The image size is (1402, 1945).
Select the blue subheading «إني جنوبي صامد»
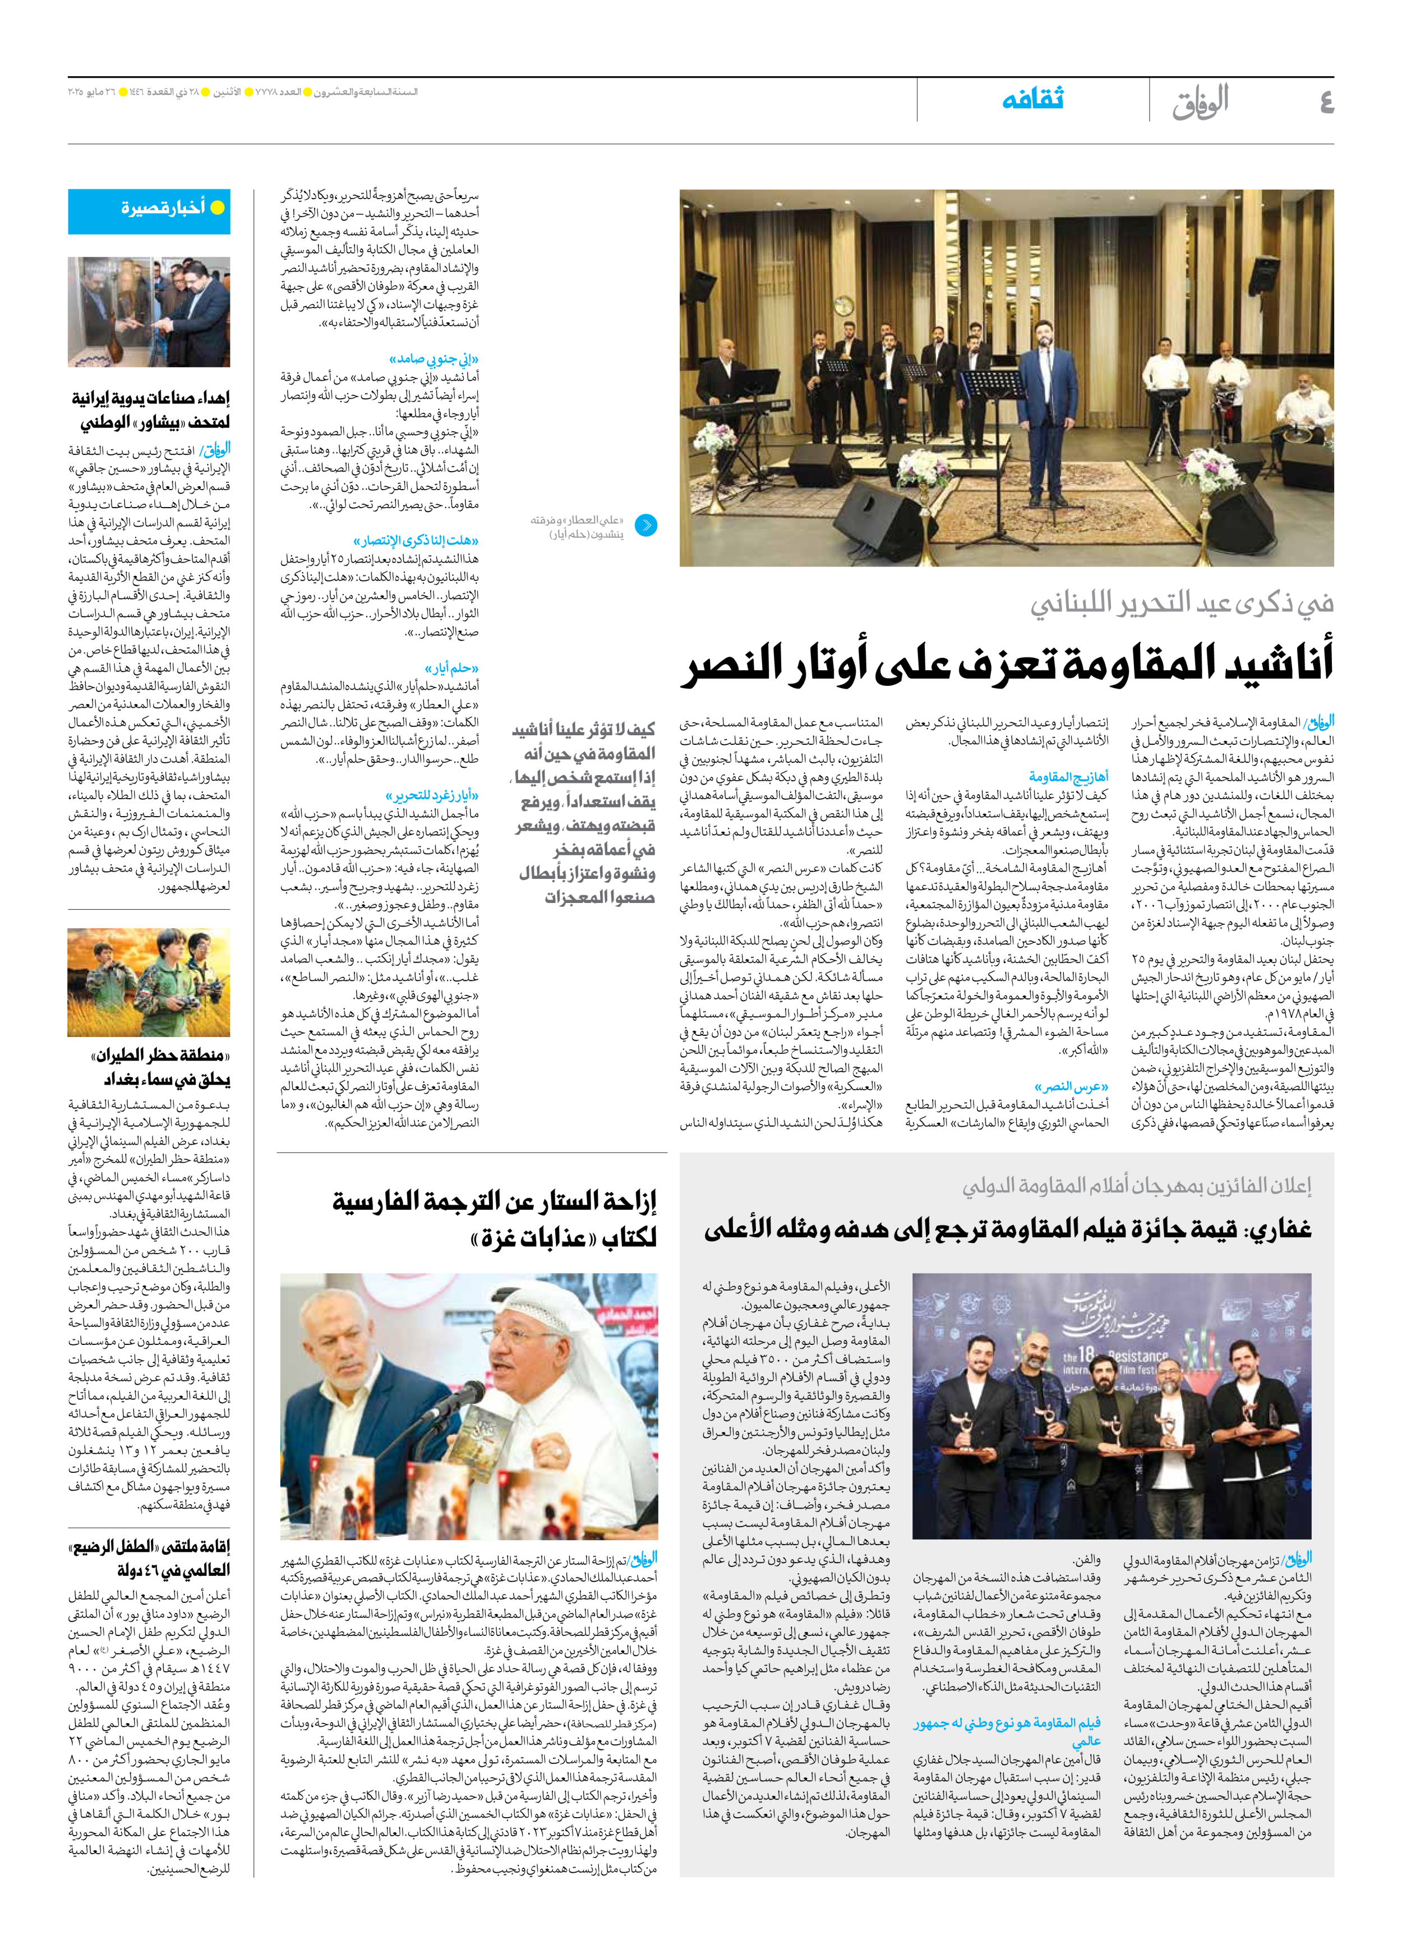point(434,358)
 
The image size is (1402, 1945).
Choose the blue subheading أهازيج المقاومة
point(1068,776)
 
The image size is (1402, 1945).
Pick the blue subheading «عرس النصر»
point(1071,1086)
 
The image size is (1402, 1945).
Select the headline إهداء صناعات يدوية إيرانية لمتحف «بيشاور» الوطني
point(150,409)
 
